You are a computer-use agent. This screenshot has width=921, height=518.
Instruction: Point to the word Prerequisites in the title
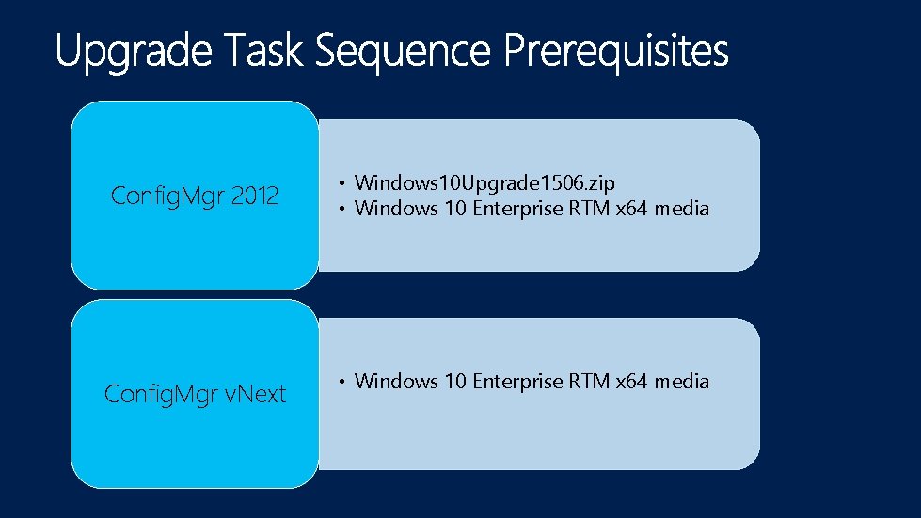tap(616, 52)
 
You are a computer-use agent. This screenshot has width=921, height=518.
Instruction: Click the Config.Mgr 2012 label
tap(195, 196)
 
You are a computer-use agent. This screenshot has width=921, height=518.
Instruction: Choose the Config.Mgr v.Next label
tap(195, 394)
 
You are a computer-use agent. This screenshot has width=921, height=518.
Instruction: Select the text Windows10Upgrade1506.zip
tap(484, 182)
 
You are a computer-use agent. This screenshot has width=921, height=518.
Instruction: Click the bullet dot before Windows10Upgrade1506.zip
tap(344, 182)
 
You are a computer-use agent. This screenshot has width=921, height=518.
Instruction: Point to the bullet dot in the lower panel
tap(344, 382)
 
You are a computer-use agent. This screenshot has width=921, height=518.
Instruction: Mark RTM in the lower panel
tap(590, 381)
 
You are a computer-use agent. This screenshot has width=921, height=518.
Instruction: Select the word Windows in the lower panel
tap(396, 381)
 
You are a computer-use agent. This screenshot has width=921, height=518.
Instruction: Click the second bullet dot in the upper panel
tap(344, 209)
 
